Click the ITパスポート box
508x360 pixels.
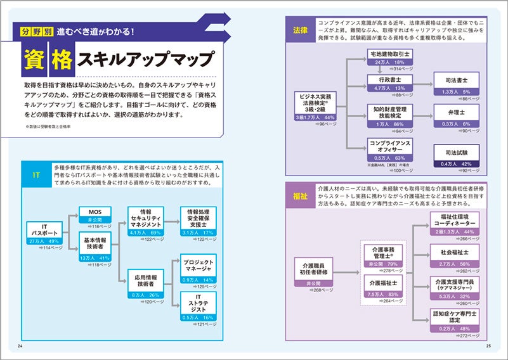pyautogui.click(x=44, y=235)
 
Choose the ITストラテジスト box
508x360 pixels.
pyautogui.click(x=197, y=307)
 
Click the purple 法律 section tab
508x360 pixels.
pyautogui.click(x=301, y=30)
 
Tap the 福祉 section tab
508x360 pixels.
pyautogui.click(x=301, y=195)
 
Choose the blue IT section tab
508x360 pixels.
pyautogui.click(x=37, y=174)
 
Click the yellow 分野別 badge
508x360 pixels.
pyautogui.click(x=35, y=31)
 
